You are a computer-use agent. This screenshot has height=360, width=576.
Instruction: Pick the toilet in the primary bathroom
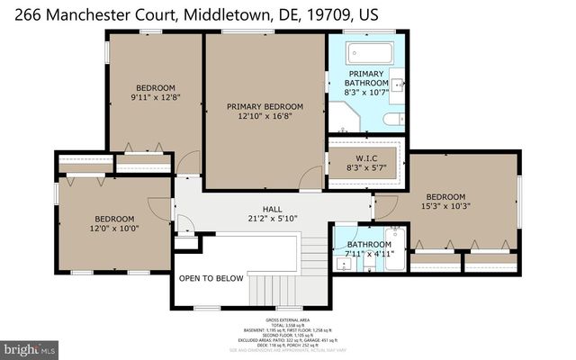point(394,119)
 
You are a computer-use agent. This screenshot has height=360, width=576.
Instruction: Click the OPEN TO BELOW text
point(211,278)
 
